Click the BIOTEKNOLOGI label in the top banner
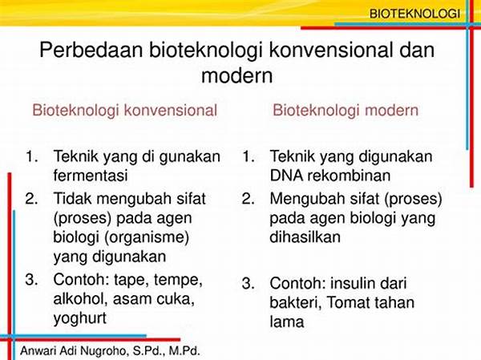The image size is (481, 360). tap(414, 14)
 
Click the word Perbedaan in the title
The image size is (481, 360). tap(91, 50)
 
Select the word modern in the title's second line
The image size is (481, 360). tap(236, 75)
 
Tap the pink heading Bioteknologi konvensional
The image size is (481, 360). tap(125, 111)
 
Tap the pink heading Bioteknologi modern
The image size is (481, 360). tap(346, 111)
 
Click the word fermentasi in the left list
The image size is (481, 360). tap(91, 176)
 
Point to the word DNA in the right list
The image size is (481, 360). tap(286, 176)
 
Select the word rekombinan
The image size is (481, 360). tap(349, 176)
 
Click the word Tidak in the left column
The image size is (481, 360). tap(73, 199)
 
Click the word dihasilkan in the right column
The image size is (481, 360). tap(305, 237)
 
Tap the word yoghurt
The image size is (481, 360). tap(79, 318)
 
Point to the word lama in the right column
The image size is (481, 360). tap(287, 322)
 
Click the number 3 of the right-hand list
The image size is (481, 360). tap(247, 283)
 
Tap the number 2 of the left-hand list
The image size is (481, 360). tap(31, 199)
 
